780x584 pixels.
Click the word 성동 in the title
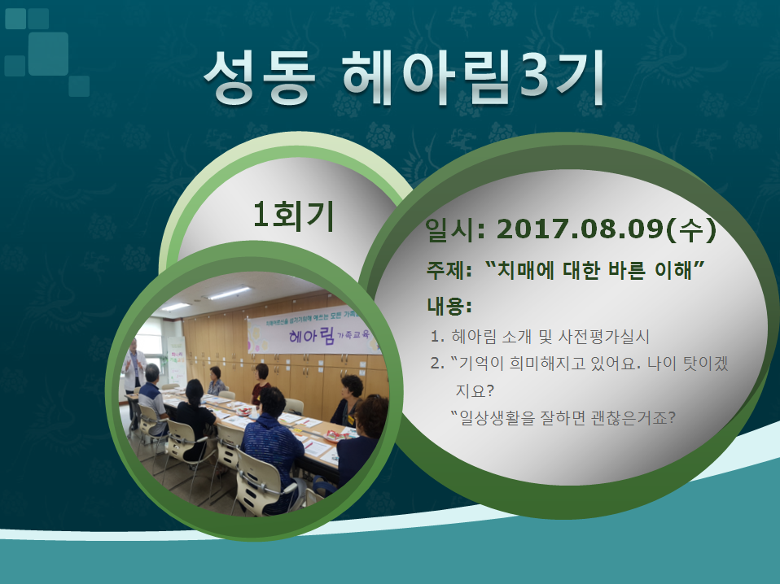[260, 77]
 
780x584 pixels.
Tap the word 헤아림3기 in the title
[472, 77]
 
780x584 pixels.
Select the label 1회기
[293, 216]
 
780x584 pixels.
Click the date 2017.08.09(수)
[607, 229]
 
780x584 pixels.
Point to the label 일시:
[454, 230]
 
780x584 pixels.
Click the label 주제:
[449, 271]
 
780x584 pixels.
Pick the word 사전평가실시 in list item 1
[603, 337]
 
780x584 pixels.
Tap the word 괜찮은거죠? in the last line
[633, 417]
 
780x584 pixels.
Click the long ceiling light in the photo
[230, 294]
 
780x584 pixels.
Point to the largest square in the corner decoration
[48, 54]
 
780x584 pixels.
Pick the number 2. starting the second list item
[437, 364]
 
